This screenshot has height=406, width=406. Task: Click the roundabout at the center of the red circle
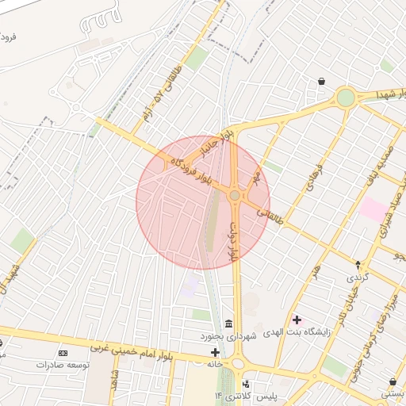pos(235,195)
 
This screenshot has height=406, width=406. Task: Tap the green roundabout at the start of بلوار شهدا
pos(346,98)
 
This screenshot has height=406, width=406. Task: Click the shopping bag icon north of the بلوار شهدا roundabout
pos(321,81)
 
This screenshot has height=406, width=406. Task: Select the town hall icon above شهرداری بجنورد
pos(228,324)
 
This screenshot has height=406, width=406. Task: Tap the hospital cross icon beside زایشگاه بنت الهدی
pos(297,320)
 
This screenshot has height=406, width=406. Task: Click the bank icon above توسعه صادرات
pos(63,352)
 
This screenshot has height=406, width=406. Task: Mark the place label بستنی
pos(393,393)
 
